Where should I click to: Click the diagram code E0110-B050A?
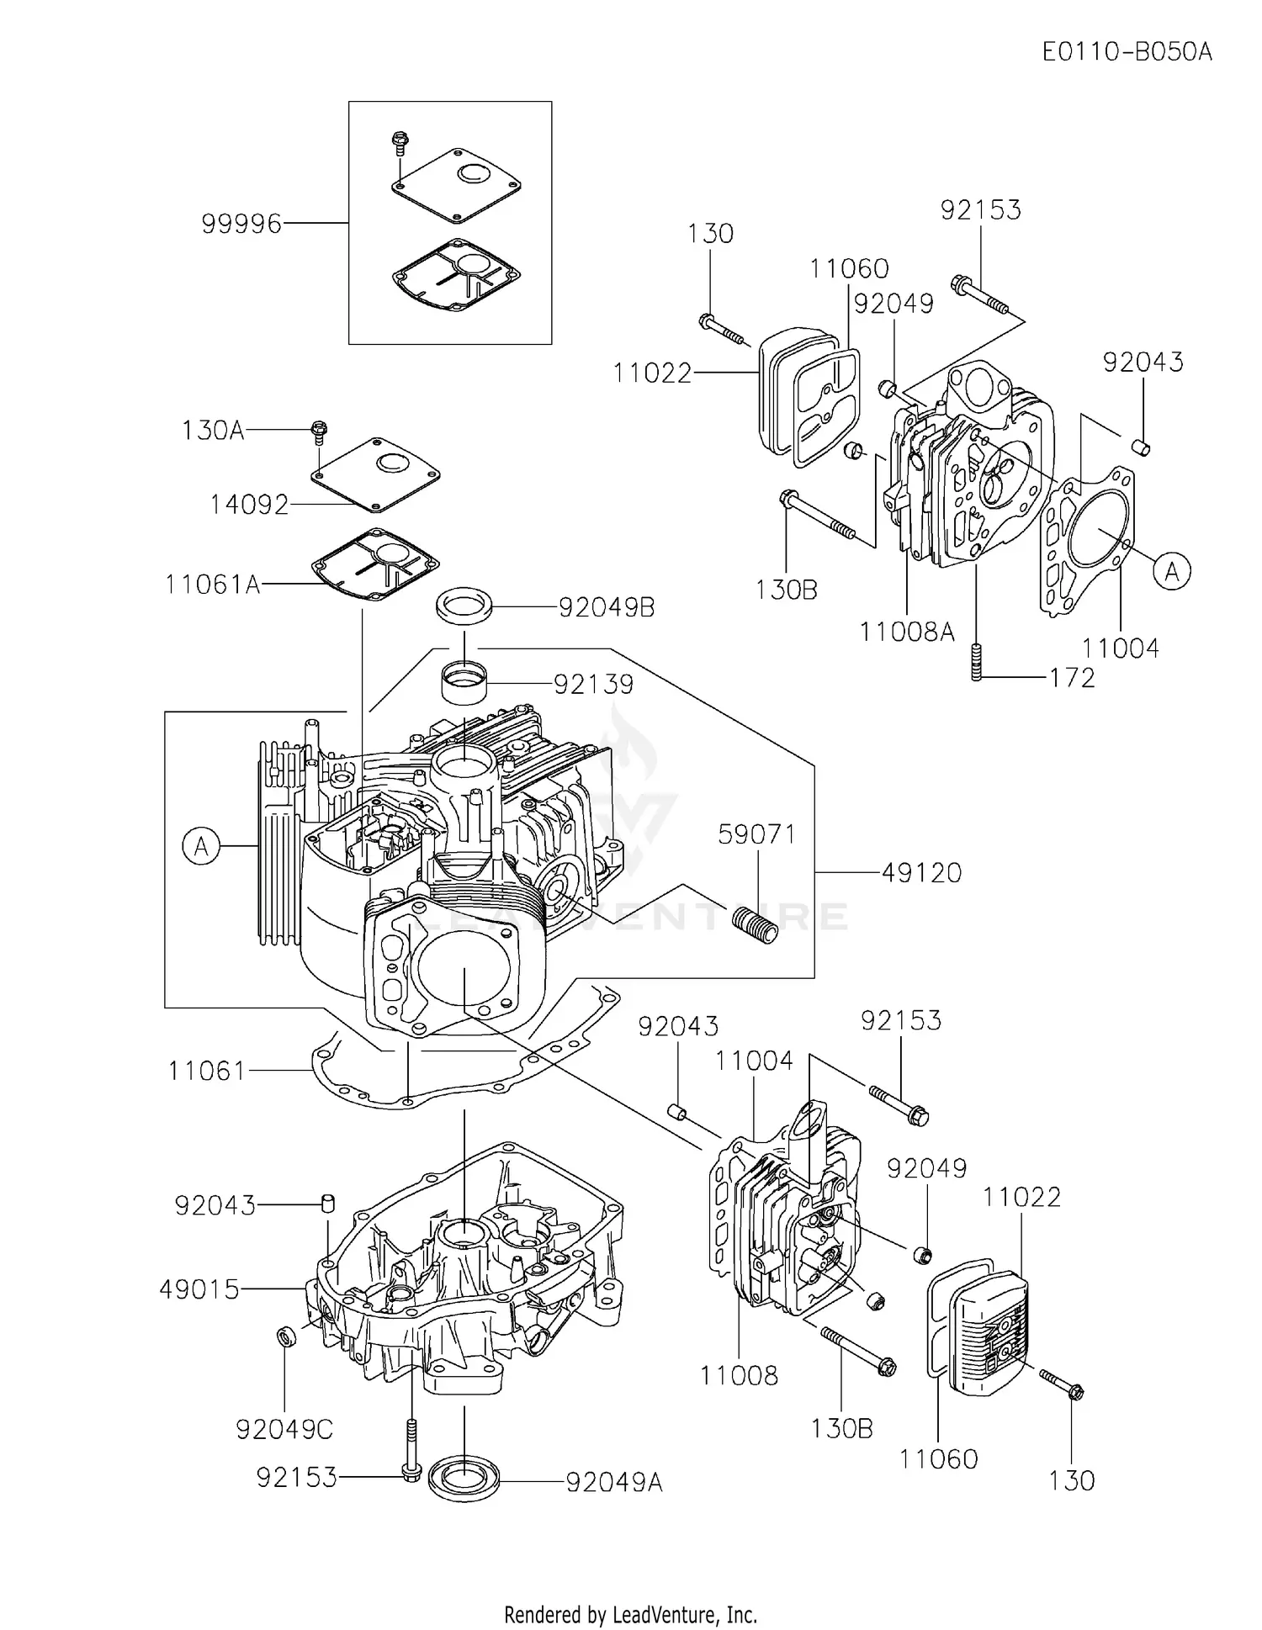click(x=1127, y=52)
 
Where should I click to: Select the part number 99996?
click(x=241, y=224)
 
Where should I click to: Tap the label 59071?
click(x=756, y=834)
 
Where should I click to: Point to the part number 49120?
click(x=921, y=873)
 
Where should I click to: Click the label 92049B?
click(x=606, y=607)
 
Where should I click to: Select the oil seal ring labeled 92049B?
click(x=464, y=606)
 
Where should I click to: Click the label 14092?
click(x=249, y=505)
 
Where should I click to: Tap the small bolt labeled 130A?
click(x=319, y=430)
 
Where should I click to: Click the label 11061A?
click(x=213, y=584)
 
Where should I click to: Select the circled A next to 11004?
click(x=1172, y=572)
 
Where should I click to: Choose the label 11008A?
click(x=906, y=631)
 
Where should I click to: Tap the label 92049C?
click(x=284, y=1428)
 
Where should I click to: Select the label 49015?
click(x=199, y=1289)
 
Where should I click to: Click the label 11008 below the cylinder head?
click(x=739, y=1376)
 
